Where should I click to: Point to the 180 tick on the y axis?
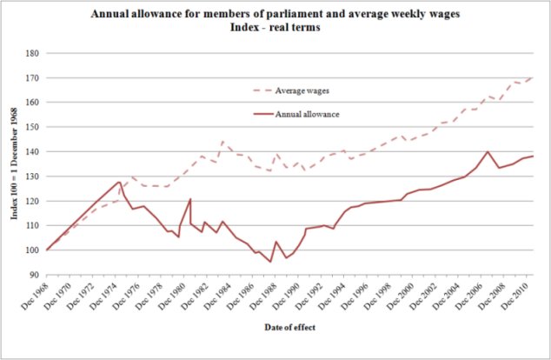point(33,53)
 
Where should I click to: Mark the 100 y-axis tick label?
point(33,250)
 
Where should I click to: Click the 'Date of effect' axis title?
point(289,327)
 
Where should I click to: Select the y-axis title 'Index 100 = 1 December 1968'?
point(14,165)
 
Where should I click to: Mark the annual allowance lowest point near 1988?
point(270,262)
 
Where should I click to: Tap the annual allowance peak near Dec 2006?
point(488,152)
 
